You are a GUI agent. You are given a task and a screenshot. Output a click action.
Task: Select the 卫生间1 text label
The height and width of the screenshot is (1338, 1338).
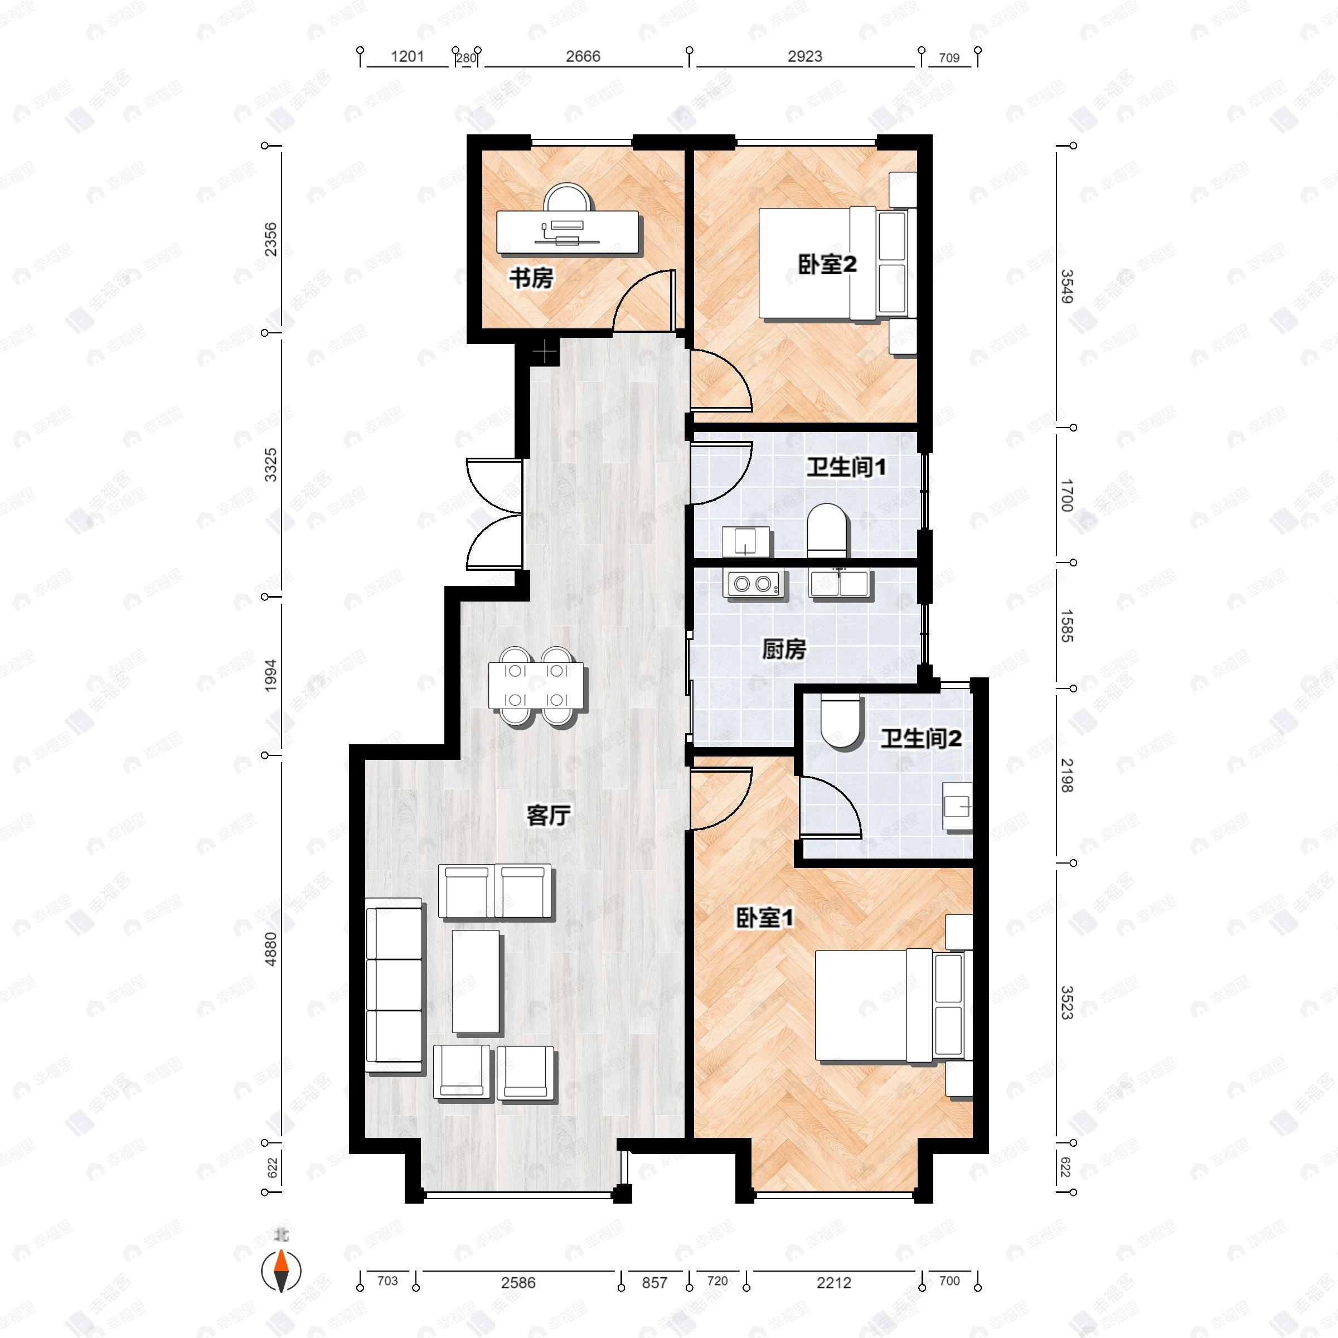(x=846, y=468)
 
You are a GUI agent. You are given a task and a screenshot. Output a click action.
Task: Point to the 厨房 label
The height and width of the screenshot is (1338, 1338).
(x=784, y=649)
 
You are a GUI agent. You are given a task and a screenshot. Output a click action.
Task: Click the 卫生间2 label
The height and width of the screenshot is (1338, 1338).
(x=920, y=739)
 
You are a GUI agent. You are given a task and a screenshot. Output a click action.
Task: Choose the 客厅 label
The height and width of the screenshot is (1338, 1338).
(x=548, y=815)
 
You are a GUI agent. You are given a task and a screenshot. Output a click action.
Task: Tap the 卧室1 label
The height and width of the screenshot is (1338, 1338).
(x=764, y=918)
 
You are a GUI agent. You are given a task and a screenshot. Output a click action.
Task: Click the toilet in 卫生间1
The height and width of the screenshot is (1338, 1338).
(x=827, y=530)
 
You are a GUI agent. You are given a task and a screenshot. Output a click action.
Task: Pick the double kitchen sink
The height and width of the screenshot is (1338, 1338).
(x=841, y=583)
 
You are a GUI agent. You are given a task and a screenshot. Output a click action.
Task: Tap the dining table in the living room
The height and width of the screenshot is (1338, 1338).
(x=535, y=686)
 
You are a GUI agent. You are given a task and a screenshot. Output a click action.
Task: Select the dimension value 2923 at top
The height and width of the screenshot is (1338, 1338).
(x=804, y=57)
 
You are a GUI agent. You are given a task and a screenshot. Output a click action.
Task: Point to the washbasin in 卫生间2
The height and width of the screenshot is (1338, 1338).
(x=958, y=806)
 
